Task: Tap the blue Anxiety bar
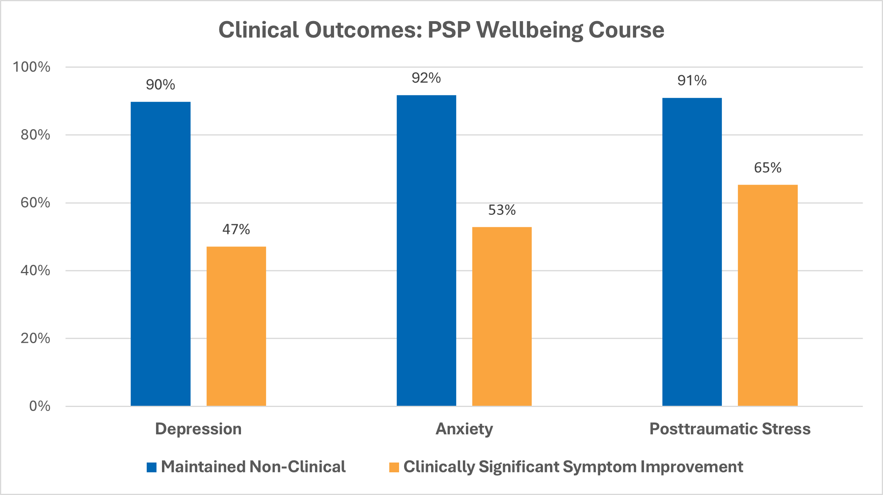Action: coord(426,250)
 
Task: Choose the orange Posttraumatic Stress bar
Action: coord(767,295)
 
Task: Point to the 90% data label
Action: coord(160,85)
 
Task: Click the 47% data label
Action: coord(236,229)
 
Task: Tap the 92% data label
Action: coord(426,78)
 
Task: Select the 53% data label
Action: coord(502,211)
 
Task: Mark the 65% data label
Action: coord(767,168)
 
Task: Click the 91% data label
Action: coord(692,81)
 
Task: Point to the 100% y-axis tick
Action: coord(32,67)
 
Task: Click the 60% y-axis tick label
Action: coord(35,203)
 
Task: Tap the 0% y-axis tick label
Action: coord(40,406)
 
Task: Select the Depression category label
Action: coord(198,429)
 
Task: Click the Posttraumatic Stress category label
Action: coord(730,429)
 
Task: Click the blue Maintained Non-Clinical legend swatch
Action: coord(151,467)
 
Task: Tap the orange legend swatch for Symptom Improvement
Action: coord(394,467)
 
